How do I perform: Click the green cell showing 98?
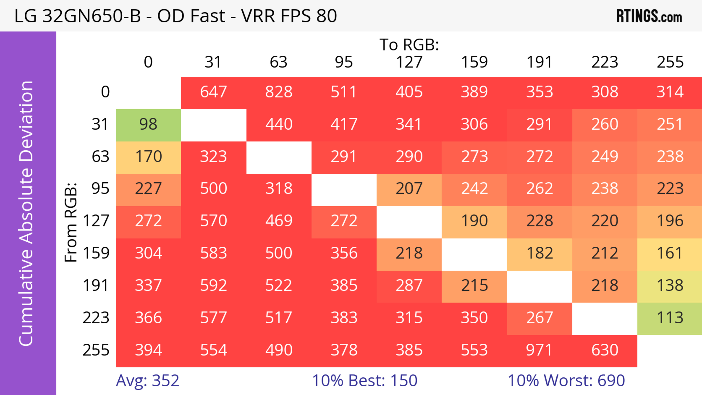pyautogui.click(x=148, y=124)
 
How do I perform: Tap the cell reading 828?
pyautogui.click(x=279, y=92)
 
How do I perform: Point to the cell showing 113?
pyautogui.click(x=670, y=318)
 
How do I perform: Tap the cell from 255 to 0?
pyautogui.click(x=148, y=350)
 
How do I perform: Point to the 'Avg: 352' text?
pyautogui.click(x=147, y=381)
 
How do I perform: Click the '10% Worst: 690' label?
pyautogui.click(x=566, y=381)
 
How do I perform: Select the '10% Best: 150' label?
pyautogui.click(x=365, y=381)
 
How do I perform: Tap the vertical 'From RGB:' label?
pyautogui.click(x=71, y=222)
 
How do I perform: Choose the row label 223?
pyautogui.click(x=96, y=318)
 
